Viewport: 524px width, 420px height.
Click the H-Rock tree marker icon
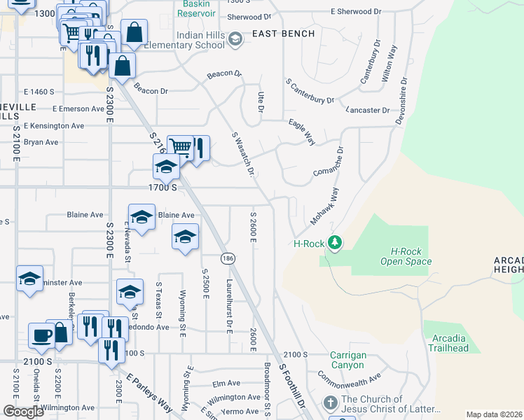tap(335, 243)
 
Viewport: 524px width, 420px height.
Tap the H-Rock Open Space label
tap(406, 256)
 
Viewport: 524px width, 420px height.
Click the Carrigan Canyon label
tap(348, 360)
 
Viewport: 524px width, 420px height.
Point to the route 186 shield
tap(228, 259)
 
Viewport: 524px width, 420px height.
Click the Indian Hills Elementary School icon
tap(235, 39)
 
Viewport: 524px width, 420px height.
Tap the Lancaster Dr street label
tap(368, 111)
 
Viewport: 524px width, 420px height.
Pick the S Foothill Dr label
tap(293, 385)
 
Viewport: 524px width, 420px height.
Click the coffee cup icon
tap(40, 335)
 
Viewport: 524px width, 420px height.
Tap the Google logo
tap(22, 412)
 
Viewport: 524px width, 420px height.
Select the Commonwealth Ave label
tap(348, 379)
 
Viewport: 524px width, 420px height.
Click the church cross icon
tap(330, 404)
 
